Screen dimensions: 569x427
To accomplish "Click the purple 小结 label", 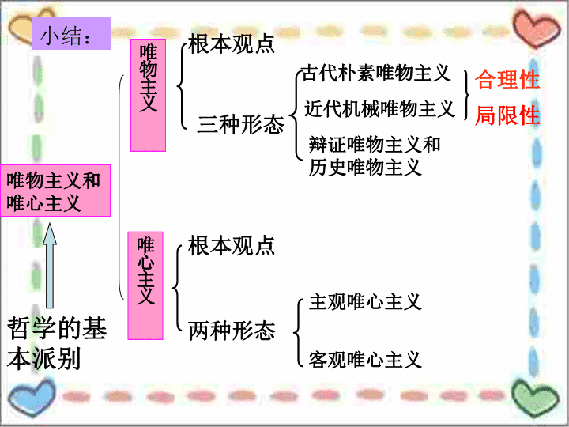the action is pyautogui.click(x=71, y=33).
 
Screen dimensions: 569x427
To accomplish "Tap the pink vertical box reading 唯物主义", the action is pyautogui.click(x=148, y=95).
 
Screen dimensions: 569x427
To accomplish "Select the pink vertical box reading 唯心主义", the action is pyautogui.click(x=145, y=285).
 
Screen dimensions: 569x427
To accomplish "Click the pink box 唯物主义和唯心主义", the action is pyautogui.click(x=55, y=191).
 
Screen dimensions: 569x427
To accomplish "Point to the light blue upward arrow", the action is pyautogui.click(x=50, y=266).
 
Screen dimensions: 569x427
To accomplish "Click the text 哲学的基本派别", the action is pyautogui.click(x=57, y=343).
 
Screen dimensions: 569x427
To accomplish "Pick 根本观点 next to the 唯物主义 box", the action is pyautogui.click(x=231, y=44).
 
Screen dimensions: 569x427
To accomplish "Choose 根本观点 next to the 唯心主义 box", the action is pyautogui.click(x=231, y=246).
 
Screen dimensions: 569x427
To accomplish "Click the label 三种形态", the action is pyautogui.click(x=240, y=125).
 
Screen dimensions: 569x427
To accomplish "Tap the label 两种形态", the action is pyautogui.click(x=232, y=331).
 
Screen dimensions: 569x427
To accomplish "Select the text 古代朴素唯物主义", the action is pyautogui.click(x=376, y=73).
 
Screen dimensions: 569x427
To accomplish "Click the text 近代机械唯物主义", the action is pyautogui.click(x=379, y=108).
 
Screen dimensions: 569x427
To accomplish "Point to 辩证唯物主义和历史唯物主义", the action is pyautogui.click(x=375, y=156).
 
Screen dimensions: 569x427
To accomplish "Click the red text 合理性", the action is pyautogui.click(x=507, y=80).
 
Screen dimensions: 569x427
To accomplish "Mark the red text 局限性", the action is pyautogui.click(x=507, y=115).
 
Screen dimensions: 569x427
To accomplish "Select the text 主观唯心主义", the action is pyautogui.click(x=365, y=302).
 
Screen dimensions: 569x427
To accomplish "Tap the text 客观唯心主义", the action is pyautogui.click(x=365, y=360).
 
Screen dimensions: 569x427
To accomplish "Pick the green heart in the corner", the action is pyautogui.click(x=535, y=398).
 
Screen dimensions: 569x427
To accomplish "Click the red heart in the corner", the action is pyautogui.click(x=537, y=29).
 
